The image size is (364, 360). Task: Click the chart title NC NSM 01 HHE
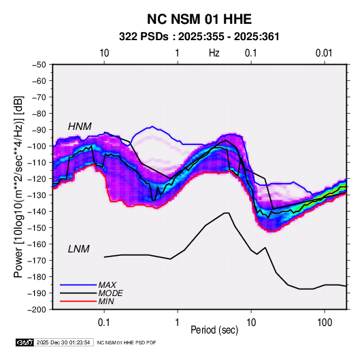coord(199,19)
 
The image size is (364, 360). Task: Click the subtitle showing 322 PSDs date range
coord(199,37)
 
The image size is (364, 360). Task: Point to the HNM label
coord(80,127)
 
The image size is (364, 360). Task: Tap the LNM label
coord(79,249)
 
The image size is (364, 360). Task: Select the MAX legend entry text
coord(107,284)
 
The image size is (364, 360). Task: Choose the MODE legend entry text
coord(110,293)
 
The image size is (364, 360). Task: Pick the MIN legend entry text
coord(106,301)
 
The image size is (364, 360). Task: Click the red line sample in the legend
coord(78,301)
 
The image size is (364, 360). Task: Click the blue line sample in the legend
coord(78,284)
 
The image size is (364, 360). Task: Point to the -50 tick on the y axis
coord(39,65)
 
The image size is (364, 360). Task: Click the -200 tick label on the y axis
coord(37,310)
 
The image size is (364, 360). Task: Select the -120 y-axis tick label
coord(37,179)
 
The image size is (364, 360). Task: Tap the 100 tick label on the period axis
coord(325,323)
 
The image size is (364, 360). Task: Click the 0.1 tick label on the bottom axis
coord(104,323)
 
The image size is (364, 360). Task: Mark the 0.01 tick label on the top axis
coord(324,53)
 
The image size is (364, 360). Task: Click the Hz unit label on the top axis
coord(214,53)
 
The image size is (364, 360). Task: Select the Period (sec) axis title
coord(214,330)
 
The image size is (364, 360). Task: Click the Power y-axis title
coord(19,187)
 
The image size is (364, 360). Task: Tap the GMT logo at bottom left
coord(24,342)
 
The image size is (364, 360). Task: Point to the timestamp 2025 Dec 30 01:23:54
coord(63,342)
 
